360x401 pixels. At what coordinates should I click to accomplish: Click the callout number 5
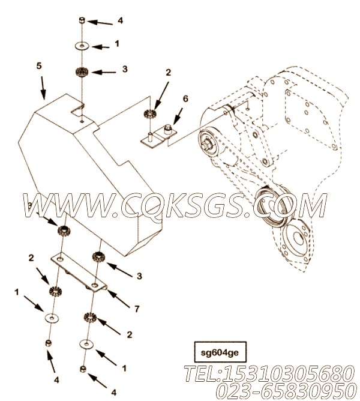coord(38,66)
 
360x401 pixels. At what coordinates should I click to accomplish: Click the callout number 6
coord(185,98)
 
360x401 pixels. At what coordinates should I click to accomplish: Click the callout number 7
coord(137,309)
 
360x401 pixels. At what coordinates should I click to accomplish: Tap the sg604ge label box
coord(220,352)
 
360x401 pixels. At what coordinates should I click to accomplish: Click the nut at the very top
coord(82,20)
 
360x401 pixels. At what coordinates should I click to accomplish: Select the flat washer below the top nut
coord(82,46)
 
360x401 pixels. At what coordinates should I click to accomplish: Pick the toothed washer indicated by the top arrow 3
coord(82,71)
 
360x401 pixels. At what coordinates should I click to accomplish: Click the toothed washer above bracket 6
coord(150,113)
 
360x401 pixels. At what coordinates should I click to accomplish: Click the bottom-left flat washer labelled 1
coord(52,318)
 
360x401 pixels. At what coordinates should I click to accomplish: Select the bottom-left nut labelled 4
coord(48,343)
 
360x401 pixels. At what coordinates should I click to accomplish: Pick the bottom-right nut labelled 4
coord(83,369)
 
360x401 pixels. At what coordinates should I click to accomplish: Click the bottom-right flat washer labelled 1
coord(86,343)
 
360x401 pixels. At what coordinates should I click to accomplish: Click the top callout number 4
coord(120,20)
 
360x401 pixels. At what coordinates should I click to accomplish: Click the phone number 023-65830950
coord(286,391)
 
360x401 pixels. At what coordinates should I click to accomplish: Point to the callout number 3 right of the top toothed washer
coord(125,69)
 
